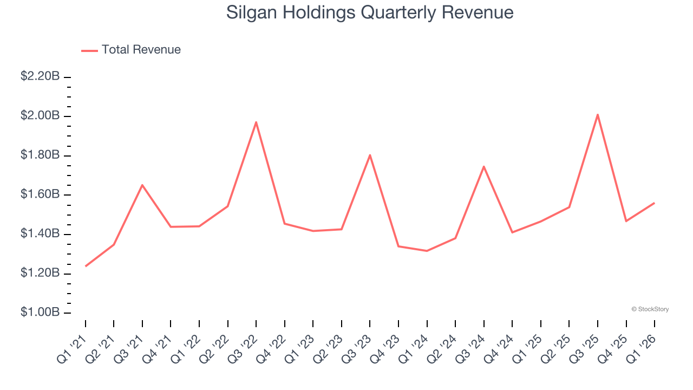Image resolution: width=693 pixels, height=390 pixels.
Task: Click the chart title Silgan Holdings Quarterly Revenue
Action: pos(370,12)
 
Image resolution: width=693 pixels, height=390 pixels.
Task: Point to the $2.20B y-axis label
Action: pos(40,76)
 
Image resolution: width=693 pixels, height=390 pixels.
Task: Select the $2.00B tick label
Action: pos(40,116)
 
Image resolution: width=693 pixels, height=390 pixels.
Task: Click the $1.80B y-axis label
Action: pos(40,155)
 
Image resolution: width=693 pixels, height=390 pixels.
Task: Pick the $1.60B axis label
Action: pos(40,194)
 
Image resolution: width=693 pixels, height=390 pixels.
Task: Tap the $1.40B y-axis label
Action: pos(40,234)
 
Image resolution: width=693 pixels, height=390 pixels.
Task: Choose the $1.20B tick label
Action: pos(40,273)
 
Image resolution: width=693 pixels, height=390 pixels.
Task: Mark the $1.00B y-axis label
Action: pos(40,313)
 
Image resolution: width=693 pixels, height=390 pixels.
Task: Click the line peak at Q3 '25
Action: pos(598,114)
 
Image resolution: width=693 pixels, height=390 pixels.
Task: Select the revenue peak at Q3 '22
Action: pos(256,122)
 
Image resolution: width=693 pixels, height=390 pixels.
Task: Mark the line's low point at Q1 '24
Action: pos(427,251)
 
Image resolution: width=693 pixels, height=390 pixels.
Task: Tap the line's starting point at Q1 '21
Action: pos(86,266)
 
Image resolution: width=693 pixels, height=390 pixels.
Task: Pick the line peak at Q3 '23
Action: pos(370,155)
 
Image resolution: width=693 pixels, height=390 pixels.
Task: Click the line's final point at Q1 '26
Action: pos(655,203)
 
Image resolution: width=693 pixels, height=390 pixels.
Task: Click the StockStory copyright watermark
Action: pos(650,309)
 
